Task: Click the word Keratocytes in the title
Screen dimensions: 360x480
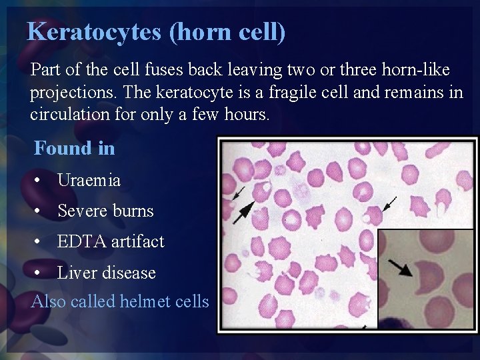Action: pyautogui.click(x=95, y=31)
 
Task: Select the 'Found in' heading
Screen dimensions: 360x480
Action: pyautogui.click(x=74, y=148)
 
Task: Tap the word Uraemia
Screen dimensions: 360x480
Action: pyautogui.click(x=89, y=180)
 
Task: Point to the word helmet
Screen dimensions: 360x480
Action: pyautogui.click(x=143, y=302)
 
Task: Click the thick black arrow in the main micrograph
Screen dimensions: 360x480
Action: pyautogui.click(x=243, y=209)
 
